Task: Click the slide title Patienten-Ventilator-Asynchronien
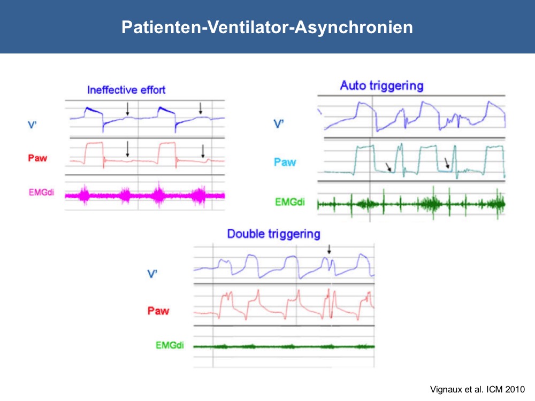pos(267,27)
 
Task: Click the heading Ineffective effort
pos(126,90)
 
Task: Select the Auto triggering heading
pos(381,86)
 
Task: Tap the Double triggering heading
pos(273,234)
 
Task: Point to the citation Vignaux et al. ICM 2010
pos(477,389)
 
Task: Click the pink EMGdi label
pos(41,192)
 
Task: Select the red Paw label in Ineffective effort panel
pos(37,158)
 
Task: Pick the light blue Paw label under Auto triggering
pos(285,162)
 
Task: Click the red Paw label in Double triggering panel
pos(158,311)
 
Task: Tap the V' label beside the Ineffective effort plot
pos(32,125)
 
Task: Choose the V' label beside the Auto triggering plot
pos(279,124)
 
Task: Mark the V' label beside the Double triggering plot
pos(152,274)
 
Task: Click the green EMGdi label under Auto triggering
pos(289,202)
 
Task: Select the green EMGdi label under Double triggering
pos(170,345)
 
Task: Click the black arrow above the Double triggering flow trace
pos(329,249)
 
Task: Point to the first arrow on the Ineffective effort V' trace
pos(128,109)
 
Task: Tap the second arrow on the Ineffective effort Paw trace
pos(203,151)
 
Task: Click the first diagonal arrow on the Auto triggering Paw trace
pos(388,167)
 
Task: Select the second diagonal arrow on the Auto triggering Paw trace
pos(447,163)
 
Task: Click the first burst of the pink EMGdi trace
pos(85,195)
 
